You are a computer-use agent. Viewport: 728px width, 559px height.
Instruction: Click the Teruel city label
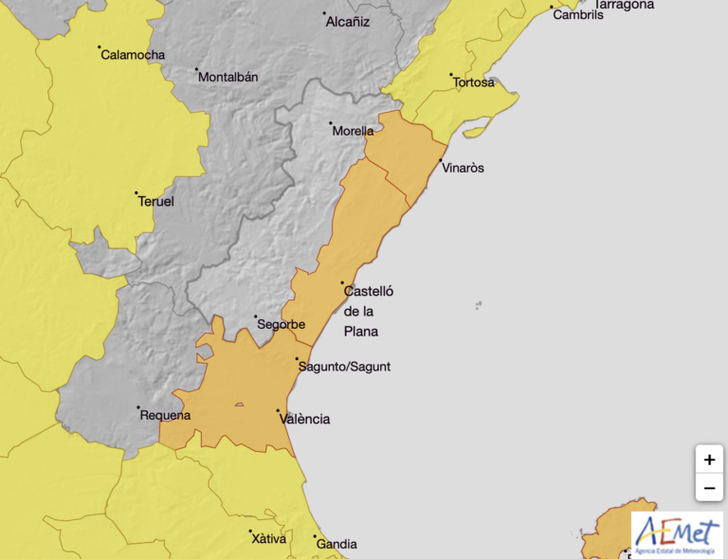(155, 202)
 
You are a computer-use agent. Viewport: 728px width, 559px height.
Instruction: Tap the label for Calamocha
(133, 55)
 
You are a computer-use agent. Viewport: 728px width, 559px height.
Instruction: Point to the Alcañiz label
(347, 22)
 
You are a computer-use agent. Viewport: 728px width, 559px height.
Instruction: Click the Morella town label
(353, 132)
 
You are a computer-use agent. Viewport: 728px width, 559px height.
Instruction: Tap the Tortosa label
(474, 82)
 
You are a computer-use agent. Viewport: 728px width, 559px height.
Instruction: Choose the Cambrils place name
(577, 15)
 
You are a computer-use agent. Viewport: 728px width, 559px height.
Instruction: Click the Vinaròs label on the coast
(464, 169)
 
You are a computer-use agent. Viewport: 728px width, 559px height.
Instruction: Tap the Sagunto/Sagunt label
(343, 367)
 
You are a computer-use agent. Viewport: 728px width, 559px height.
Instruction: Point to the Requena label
(165, 415)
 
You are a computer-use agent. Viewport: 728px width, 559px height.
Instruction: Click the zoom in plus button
(709, 460)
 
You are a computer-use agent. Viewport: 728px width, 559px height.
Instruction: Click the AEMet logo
(677, 534)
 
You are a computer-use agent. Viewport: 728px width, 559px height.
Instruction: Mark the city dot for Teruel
(136, 193)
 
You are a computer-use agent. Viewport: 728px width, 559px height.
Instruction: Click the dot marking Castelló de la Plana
(343, 282)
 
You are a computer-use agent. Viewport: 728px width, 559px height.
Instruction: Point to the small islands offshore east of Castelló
(479, 305)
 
